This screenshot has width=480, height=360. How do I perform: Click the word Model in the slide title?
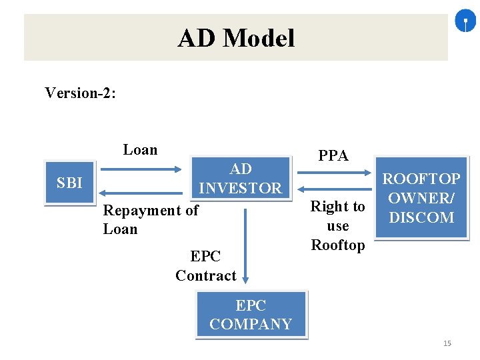point(259,38)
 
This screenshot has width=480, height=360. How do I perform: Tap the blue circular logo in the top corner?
point(465,23)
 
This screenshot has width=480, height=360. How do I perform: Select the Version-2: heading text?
point(80,93)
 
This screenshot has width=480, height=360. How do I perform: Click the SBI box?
point(70,183)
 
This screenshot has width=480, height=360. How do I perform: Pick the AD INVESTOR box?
point(241,178)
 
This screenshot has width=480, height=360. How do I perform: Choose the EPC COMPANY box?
point(251,315)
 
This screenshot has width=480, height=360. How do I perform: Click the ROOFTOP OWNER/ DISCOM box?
point(421,198)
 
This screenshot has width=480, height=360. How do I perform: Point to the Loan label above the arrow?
point(140,150)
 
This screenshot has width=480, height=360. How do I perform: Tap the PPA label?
point(333,156)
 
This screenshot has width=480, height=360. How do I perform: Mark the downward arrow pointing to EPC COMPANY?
point(245,246)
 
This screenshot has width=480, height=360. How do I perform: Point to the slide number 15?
point(447,343)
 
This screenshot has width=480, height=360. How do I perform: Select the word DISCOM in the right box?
point(421,217)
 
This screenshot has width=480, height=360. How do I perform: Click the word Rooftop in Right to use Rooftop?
point(338,245)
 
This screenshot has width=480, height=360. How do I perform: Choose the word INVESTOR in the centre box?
point(241,188)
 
